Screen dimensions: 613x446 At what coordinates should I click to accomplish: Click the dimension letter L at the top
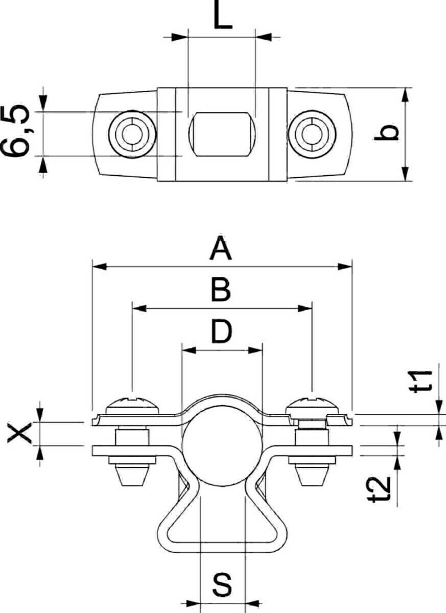(222, 19)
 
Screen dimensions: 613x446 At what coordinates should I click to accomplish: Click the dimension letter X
(20, 434)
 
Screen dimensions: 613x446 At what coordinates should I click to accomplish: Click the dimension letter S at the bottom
(222, 585)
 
